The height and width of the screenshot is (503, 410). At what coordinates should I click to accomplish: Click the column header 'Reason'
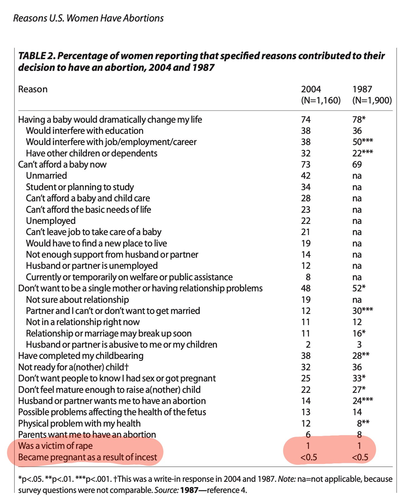(33, 89)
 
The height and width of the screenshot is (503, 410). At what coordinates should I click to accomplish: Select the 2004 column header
(311, 89)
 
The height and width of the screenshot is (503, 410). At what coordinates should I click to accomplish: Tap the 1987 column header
(362, 89)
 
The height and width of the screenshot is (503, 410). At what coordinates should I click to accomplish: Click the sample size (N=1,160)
(321, 100)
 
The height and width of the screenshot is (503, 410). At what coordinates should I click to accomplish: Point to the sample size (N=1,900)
(372, 100)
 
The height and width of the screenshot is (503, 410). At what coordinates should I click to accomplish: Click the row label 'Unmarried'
(47, 176)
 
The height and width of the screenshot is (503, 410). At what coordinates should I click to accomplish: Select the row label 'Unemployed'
(51, 221)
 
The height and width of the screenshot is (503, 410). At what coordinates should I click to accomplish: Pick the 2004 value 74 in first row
(306, 120)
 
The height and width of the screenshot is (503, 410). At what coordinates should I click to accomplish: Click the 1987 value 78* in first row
(359, 119)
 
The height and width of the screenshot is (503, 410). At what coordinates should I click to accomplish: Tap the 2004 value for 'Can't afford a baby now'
(306, 164)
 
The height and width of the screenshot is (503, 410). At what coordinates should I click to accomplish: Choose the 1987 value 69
(357, 164)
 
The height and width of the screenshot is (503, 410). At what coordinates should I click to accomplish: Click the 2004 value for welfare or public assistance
(308, 277)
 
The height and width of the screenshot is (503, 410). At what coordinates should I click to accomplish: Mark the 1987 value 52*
(359, 288)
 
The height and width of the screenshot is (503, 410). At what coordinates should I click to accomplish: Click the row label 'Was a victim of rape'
(55, 446)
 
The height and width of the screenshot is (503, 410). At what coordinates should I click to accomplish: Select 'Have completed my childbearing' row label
(81, 356)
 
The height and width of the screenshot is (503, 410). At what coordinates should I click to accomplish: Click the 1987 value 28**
(361, 355)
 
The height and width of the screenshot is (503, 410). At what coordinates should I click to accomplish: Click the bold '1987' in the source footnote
(189, 490)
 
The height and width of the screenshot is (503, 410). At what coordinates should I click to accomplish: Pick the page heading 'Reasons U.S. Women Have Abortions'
(88, 18)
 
